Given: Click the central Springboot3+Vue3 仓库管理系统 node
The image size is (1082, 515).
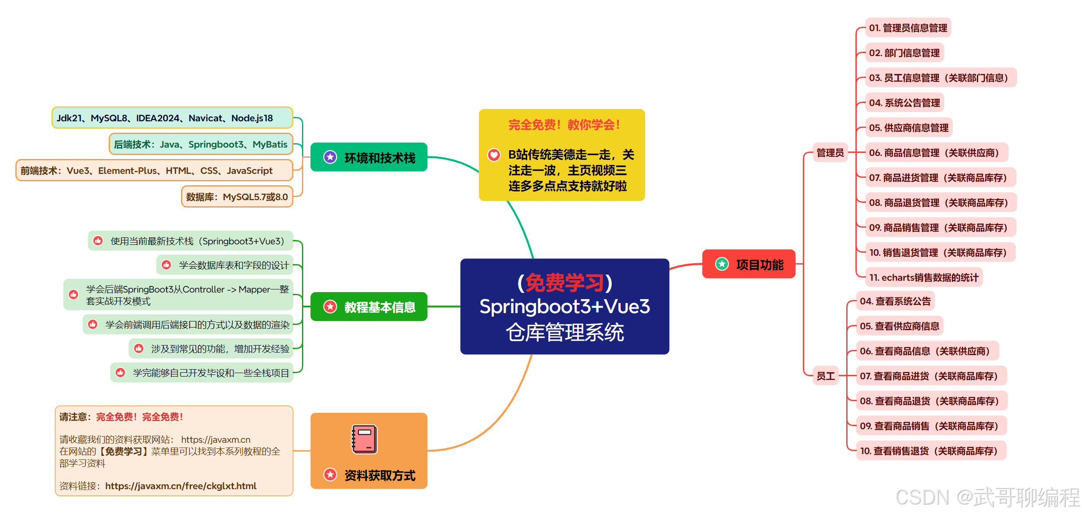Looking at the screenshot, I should [x=564, y=307].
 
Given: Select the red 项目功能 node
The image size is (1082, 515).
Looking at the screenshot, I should [x=749, y=264].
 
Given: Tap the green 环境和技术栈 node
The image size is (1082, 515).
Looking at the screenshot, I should [x=369, y=157].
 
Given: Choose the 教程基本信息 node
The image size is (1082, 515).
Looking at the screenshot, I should [x=369, y=307].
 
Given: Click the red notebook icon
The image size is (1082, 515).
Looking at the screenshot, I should [x=364, y=439].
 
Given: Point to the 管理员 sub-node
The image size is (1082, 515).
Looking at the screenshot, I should [x=830, y=153].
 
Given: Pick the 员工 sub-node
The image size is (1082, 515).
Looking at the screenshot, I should [x=825, y=376].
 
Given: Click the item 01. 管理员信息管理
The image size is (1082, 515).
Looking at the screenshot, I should [x=908, y=28].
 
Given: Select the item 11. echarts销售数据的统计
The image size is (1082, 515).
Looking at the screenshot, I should [x=923, y=278].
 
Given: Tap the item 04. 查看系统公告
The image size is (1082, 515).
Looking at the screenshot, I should [x=895, y=301].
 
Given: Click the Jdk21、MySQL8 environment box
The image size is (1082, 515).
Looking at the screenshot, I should [x=172, y=118].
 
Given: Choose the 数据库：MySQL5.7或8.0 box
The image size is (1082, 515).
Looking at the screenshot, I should [x=237, y=197].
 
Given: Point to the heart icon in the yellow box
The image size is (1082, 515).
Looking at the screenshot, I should [x=494, y=155].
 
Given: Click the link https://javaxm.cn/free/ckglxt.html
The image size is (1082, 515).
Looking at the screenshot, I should [x=181, y=486].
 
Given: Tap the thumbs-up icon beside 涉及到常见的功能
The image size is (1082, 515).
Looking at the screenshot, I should [x=139, y=349].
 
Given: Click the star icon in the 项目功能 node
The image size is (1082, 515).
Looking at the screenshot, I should [x=722, y=264].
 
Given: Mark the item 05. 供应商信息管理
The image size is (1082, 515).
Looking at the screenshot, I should [x=908, y=128].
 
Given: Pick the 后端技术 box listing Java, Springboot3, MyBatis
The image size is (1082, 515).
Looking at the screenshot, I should [x=200, y=144].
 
